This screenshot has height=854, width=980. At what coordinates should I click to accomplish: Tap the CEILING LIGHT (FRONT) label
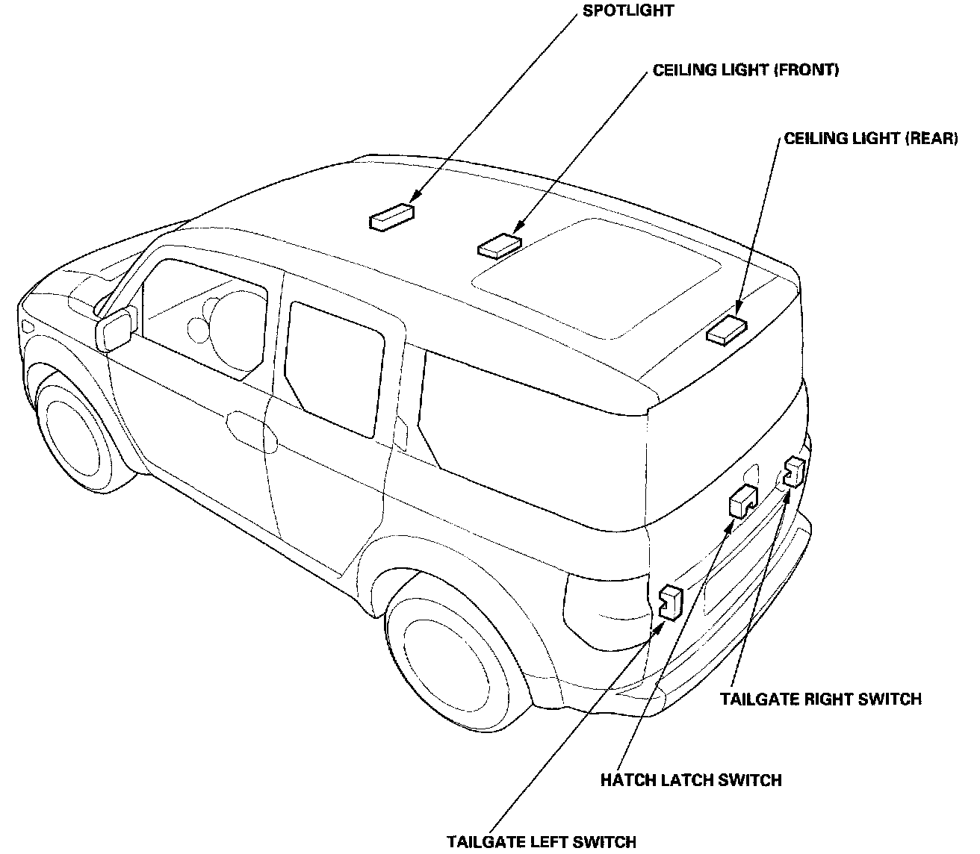[745, 70]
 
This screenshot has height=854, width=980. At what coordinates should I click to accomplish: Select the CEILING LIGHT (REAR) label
[870, 139]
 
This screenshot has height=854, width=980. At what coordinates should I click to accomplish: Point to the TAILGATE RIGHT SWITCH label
[820, 699]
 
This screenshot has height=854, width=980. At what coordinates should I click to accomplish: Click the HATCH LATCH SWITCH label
[691, 780]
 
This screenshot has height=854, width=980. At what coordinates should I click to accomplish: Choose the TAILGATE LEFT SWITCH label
[542, 842]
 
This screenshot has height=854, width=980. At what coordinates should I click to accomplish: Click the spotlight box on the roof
[391, 216]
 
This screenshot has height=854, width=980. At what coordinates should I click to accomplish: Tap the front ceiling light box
[499, 244]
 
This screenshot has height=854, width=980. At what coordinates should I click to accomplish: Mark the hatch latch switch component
[742, 500]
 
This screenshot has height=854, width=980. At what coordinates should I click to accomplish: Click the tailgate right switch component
[793, 472]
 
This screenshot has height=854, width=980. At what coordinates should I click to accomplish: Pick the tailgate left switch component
[670, 602]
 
